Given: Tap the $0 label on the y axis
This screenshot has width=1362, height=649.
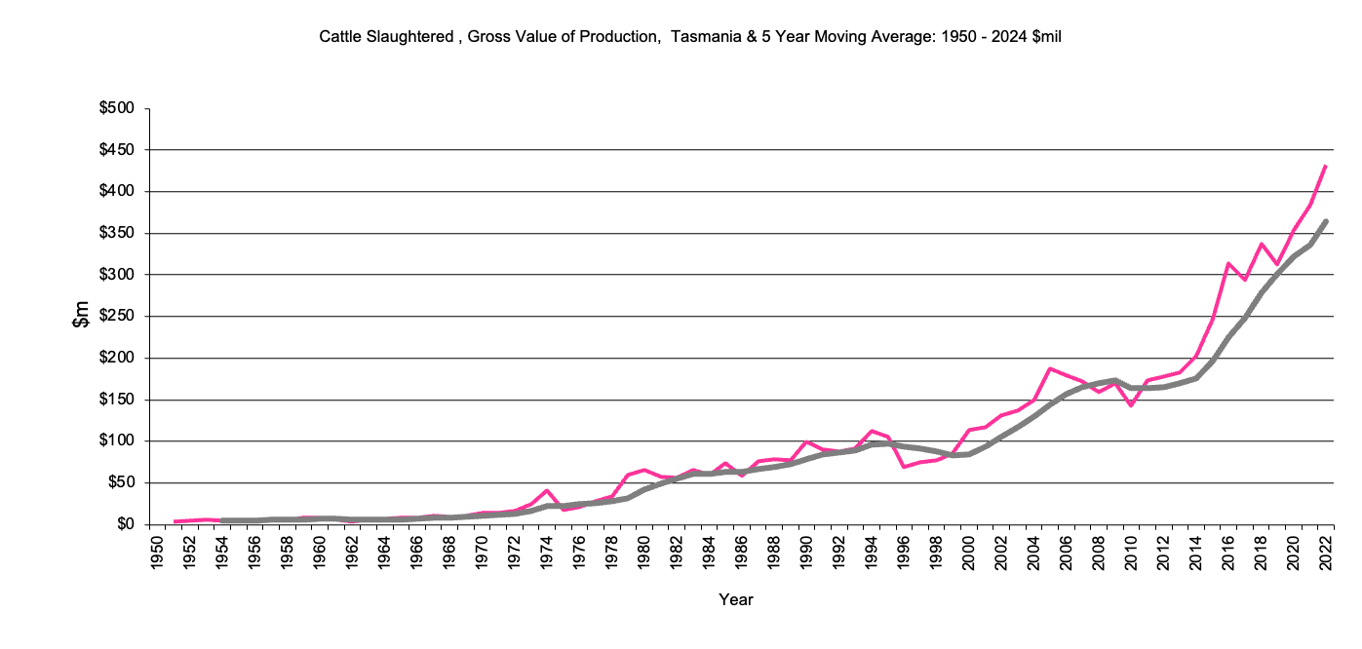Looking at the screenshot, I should coord(124,524).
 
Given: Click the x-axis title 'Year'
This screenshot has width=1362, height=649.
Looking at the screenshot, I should coord(736,599).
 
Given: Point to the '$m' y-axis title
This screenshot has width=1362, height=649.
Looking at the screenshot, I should coord(83,315).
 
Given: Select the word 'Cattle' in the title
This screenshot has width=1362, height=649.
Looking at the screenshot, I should coord(339,37).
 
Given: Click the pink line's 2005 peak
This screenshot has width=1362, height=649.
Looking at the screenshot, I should coord(1050,368).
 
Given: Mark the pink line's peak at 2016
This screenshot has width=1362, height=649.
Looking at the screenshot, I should coord(1228,263).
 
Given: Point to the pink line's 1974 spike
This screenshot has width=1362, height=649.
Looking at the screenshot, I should coord(547,490).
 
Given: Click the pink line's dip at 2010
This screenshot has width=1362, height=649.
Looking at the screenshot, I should coord(1131,404).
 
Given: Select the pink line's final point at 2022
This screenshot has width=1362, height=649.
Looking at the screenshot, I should coord(1326,166).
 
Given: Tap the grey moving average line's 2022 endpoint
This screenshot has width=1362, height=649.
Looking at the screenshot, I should coord(1326,221).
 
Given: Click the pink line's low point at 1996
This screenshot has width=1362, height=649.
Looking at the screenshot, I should coord(904,467).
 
